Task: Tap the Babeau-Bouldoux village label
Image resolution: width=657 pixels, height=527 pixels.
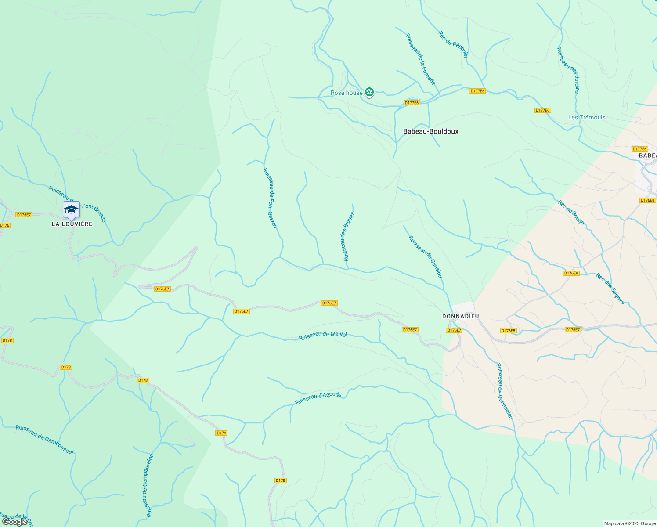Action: point(431,131)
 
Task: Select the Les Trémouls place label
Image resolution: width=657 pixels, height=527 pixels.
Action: point(587,117)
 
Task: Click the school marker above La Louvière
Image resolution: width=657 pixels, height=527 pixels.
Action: point(71,210)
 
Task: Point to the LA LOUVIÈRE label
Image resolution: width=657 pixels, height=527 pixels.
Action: point(72,224)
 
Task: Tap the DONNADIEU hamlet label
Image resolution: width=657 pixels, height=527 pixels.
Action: point(460,316)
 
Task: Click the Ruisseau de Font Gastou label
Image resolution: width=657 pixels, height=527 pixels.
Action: point(270,198)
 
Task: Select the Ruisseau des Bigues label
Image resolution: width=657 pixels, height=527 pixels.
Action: point(348,237)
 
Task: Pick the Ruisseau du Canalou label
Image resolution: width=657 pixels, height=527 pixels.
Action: point(425,257)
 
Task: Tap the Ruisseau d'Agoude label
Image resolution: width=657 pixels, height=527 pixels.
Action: point(318,398)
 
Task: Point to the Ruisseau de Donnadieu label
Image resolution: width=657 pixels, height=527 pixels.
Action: point(505,391)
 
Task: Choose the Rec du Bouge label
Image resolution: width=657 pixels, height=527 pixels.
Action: point(571,212)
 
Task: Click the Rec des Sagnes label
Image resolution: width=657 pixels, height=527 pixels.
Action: point(610,289)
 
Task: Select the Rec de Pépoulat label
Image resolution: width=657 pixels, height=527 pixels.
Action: point(453,44)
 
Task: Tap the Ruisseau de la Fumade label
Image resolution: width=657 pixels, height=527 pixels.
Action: point(421,59)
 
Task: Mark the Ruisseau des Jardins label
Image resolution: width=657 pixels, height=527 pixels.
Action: point(568,70)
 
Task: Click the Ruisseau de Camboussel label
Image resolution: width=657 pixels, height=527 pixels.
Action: point(44,440)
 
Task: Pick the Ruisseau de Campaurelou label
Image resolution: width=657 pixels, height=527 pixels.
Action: point(148,485)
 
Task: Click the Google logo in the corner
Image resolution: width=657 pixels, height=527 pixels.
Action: point(14,521)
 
